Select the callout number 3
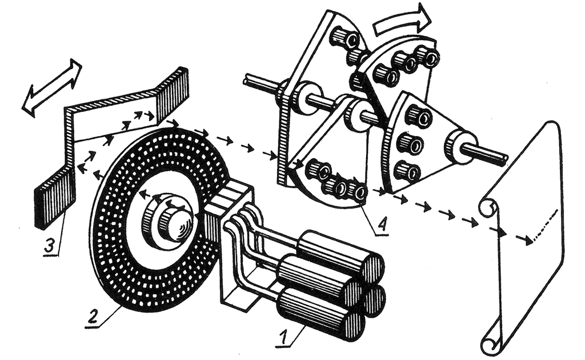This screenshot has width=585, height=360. click(51, 247)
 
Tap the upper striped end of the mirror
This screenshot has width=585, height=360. click(173, 91)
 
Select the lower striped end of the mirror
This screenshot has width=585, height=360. click(55, 197)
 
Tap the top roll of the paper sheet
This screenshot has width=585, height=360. click(487, 207)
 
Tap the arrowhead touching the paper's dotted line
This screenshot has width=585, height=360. click(528, 240)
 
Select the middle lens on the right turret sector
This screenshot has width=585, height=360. click(411, 142)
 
